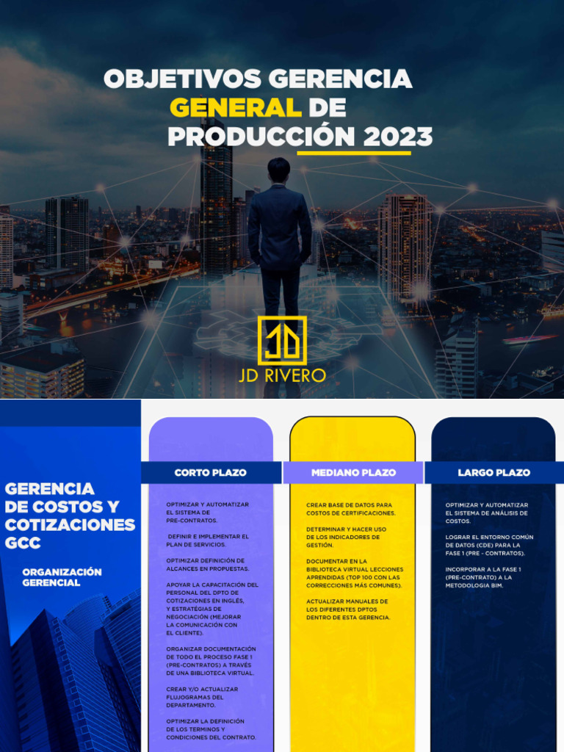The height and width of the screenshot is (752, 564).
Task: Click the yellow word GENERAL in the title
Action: [x=235, y=108]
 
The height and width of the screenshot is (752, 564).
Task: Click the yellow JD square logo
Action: [x=282, y=340]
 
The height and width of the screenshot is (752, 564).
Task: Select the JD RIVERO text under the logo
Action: [x=282, y=375]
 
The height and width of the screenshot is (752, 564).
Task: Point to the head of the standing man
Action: [x=278, y=170]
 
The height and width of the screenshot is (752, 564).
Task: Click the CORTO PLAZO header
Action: [x=210, y=472]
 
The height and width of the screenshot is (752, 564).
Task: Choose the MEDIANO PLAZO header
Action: [x=353, y=472]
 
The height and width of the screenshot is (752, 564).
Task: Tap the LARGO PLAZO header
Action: [x=493, y=472]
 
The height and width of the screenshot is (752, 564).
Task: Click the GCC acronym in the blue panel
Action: [x=23, y=543]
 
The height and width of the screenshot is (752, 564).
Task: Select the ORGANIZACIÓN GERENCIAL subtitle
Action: [x=62, y=577]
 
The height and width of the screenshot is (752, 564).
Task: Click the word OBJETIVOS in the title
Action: [x=184, y=79]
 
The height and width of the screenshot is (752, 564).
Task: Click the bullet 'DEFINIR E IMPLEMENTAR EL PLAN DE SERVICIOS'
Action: [x=208, y=540]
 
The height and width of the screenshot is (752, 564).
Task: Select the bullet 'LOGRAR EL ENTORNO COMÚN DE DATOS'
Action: [x=489, y=545]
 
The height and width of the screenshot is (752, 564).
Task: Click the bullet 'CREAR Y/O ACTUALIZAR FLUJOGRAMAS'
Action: [x=202, y=697]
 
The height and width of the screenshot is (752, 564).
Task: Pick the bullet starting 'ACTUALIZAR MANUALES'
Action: [x=348, y=610]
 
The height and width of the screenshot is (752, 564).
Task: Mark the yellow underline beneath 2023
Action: [x=353, y=153]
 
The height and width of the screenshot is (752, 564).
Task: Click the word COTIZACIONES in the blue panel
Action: [x=70, y=524]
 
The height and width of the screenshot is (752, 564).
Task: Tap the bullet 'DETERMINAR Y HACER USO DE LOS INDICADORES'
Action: [x=347, y=537]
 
